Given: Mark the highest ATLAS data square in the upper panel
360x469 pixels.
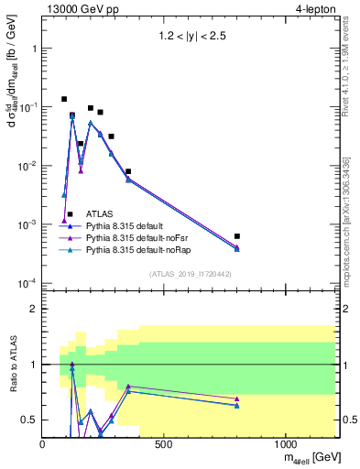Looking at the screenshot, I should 64,99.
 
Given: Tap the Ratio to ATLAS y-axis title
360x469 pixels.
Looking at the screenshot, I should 12,365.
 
